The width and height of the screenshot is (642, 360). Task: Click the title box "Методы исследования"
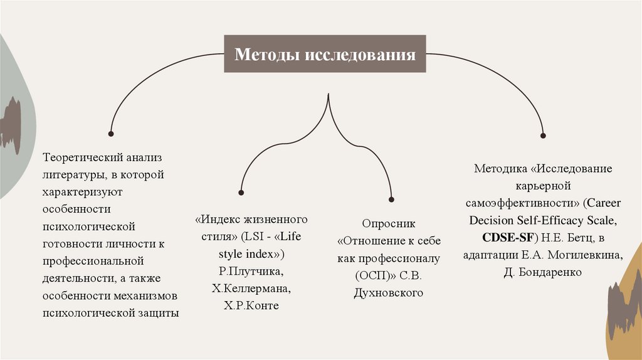[x=325, y=54]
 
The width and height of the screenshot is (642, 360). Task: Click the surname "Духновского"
[x=389, y=292]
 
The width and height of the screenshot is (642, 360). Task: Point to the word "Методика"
[x=500, y=169]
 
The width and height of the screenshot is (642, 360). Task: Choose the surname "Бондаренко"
[x=552, y=273]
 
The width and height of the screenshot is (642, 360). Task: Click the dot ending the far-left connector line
[x=111, y=134]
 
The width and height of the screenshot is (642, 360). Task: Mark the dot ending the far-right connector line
[x=543, y=134]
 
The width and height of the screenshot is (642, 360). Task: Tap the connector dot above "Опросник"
[x=392, y=199]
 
